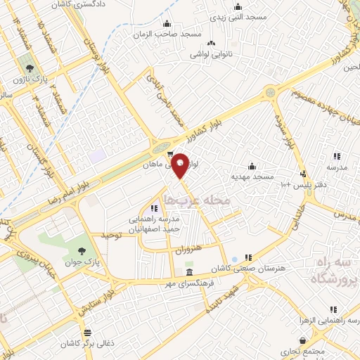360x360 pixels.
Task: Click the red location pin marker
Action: point(181,165)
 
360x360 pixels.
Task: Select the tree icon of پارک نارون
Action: point(30,67)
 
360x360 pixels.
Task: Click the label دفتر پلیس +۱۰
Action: point(293,185)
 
